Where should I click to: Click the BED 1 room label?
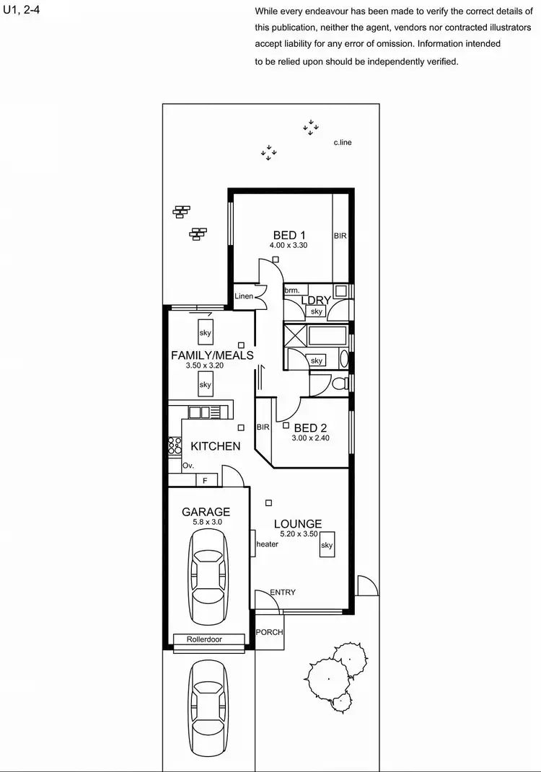[x=289, y=234]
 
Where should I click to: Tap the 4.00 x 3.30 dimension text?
[x=289, y=246]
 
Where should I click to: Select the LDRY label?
[x=316, y=300]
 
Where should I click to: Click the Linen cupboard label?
[x=244, y=296]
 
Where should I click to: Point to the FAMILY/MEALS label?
[x=212, y=355]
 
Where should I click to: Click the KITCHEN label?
[x=215, y=446]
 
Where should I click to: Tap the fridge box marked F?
[x=206, y=479]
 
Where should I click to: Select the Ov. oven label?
[x=188, y=466]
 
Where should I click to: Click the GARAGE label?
[x=206, y=512]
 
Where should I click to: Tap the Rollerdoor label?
[x=204, y=639]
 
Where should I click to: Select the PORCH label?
[x=269, y=632]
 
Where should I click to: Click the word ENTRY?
[x=282, y=593]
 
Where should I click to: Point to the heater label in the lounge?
[x=267, y=544]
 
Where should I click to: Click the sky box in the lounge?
[x=327, y=546]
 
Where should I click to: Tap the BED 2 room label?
[x=311, y=427]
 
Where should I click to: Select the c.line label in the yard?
[x=342, y=143]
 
